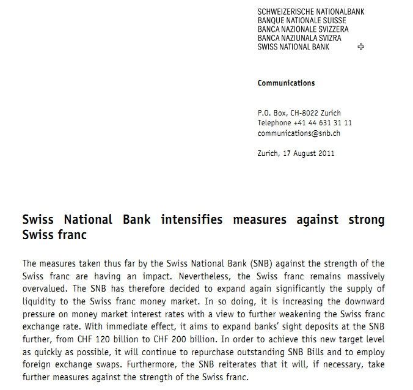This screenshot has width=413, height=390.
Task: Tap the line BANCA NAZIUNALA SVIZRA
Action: [299, 38]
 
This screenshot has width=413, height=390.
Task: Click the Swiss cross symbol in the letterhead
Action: [360, 47]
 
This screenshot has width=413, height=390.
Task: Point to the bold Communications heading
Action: [286, 83]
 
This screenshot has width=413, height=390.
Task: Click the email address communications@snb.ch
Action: [299, 133]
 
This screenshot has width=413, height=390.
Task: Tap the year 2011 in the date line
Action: [326, 153]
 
